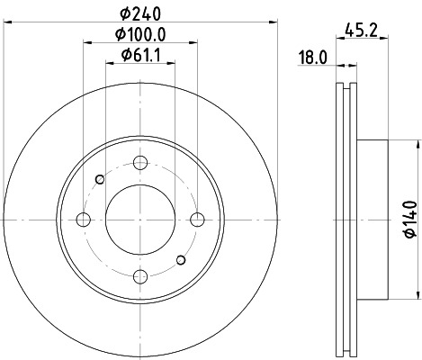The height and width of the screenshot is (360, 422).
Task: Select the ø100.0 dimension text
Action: tap(139, 35)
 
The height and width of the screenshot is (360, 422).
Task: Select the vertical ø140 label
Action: tap(410, 219)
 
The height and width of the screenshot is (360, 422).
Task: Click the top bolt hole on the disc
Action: tap(139, 163)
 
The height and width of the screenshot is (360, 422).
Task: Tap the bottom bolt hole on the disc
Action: tap(139, 276)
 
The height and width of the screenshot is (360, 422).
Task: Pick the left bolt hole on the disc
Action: tap(83, 220)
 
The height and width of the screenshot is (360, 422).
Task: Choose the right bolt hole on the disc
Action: tap(196, 220)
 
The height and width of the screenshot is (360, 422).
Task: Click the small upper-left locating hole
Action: tap(98, 178)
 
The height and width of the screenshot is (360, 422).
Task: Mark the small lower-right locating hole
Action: tap(181, 261)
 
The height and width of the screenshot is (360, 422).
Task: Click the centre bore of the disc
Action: tap(139, 220)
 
